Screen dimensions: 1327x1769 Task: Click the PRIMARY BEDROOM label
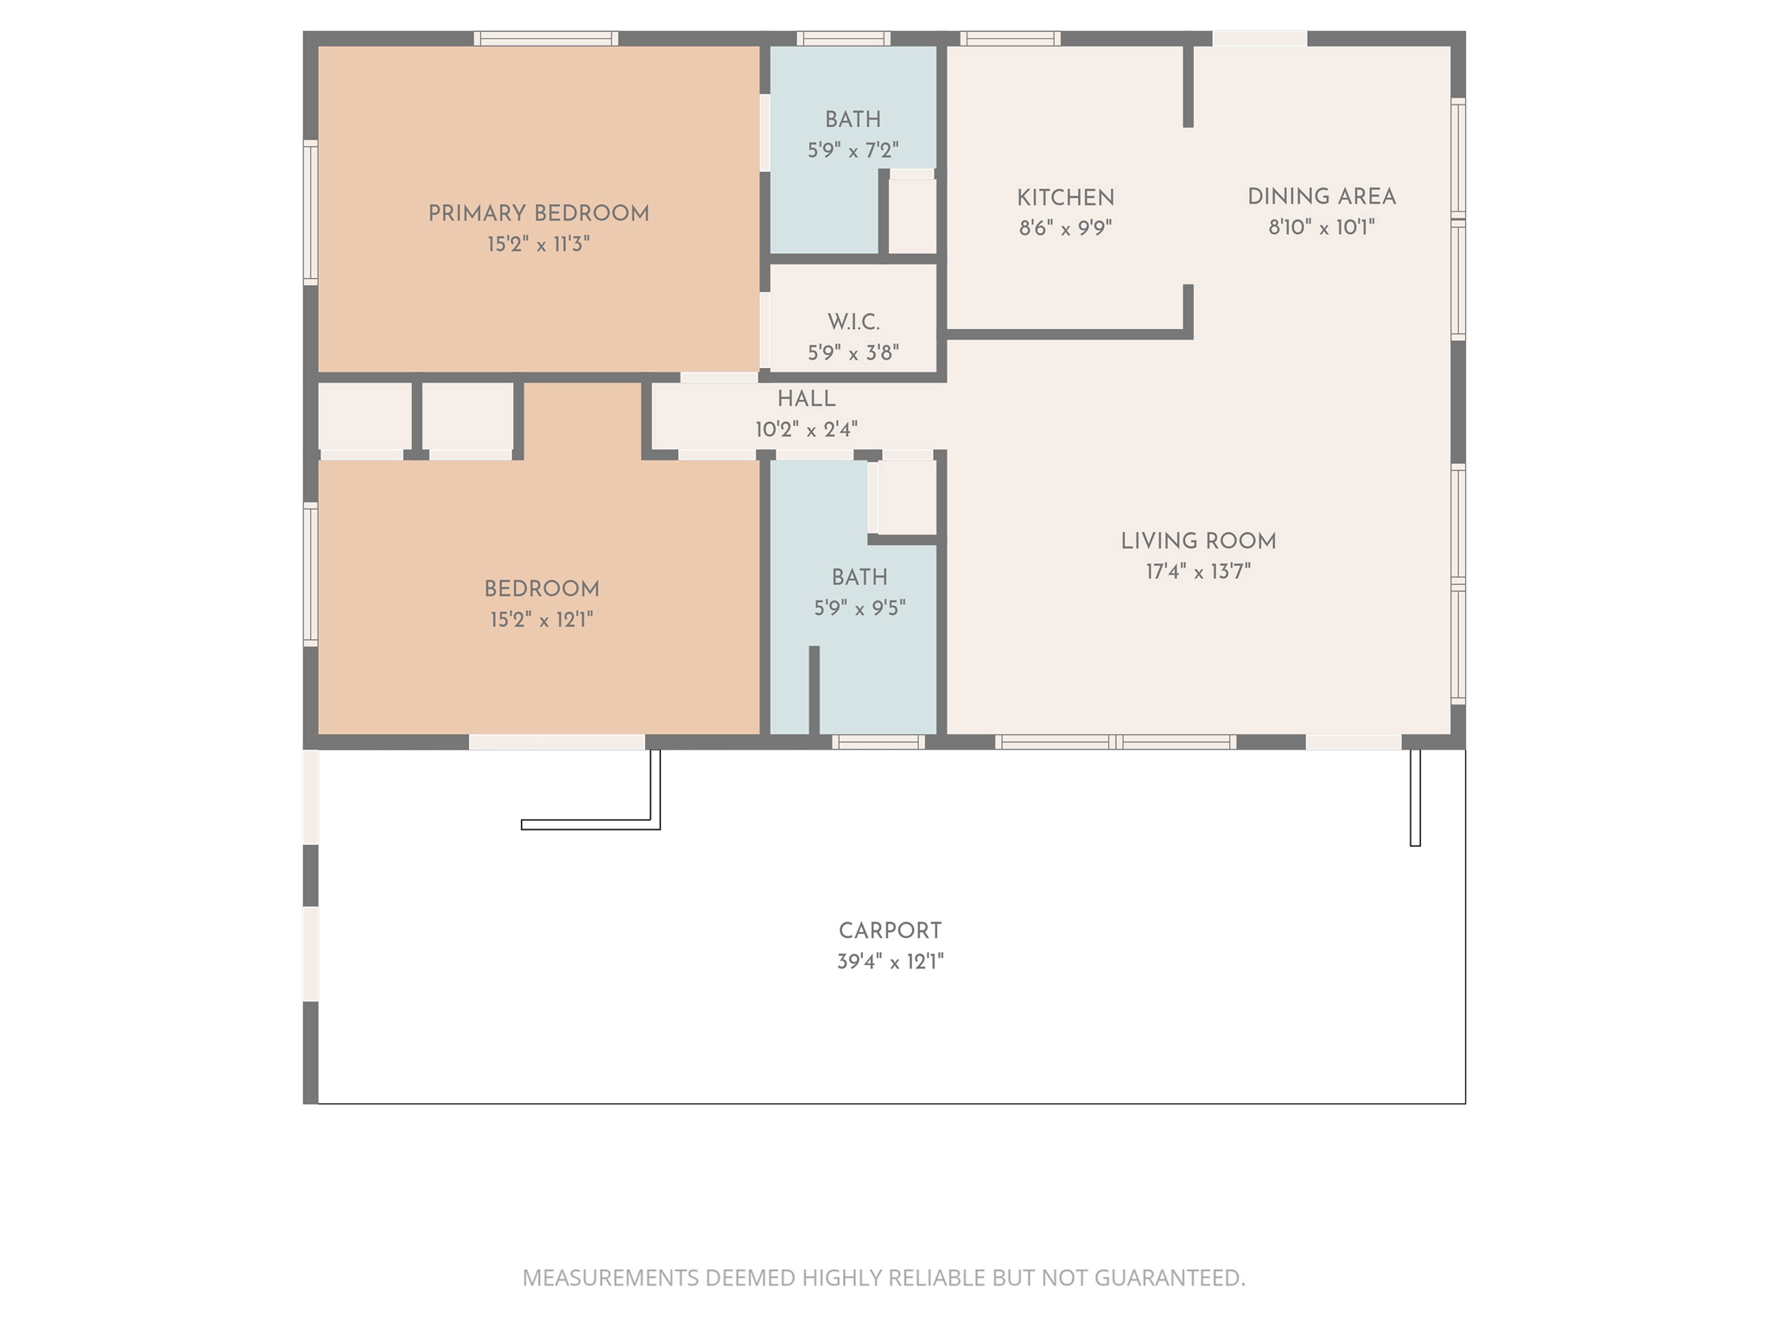(x=538, y=213)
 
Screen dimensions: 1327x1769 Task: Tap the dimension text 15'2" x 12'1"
(x=542, y=620)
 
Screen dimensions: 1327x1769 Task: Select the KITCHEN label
(x=1065, y=198)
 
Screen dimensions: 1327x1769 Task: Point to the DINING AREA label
(x=1322, y=197)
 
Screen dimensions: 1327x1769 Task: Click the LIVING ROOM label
(x=1198, y=542)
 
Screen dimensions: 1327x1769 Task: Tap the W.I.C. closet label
(x=853, y=322)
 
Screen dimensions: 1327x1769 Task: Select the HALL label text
(x=806, y=399)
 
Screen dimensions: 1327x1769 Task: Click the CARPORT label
(x=890, y=931)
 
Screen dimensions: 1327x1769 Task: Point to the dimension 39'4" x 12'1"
(x=890, y=962)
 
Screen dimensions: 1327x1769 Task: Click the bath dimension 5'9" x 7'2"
(x=853, y=151)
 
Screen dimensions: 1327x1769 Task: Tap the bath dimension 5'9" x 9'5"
(x=859, y=608)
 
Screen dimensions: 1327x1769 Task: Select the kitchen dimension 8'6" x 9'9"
(x=1065, y=228)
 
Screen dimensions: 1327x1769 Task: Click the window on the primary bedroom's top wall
(x=546, y=39)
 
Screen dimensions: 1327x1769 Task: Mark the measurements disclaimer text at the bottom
(x=884, y=1278)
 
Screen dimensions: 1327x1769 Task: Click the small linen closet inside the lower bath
(x=907, y=497)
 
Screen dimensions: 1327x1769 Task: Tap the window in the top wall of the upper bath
(x=843, y=39)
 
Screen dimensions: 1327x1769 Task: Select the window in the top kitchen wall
(x=1010, y=39)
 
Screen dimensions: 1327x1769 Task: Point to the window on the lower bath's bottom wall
(x=878, y=742)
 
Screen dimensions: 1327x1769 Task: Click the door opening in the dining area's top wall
(x=1259, y=39)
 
